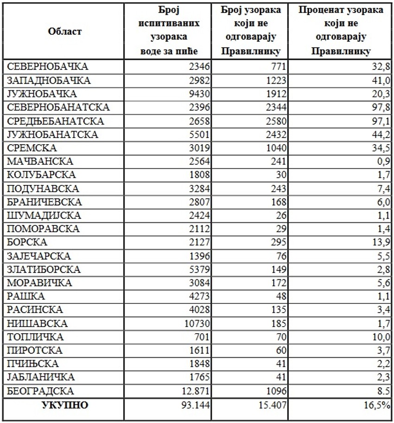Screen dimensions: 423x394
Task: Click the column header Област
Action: point(64,32)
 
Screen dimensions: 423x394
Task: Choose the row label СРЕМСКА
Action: point(32,148)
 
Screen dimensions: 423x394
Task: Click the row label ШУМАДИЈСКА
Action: point(44,215)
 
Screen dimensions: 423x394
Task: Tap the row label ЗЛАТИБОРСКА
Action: point(44,270)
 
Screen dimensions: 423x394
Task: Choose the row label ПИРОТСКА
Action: point(35,350)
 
